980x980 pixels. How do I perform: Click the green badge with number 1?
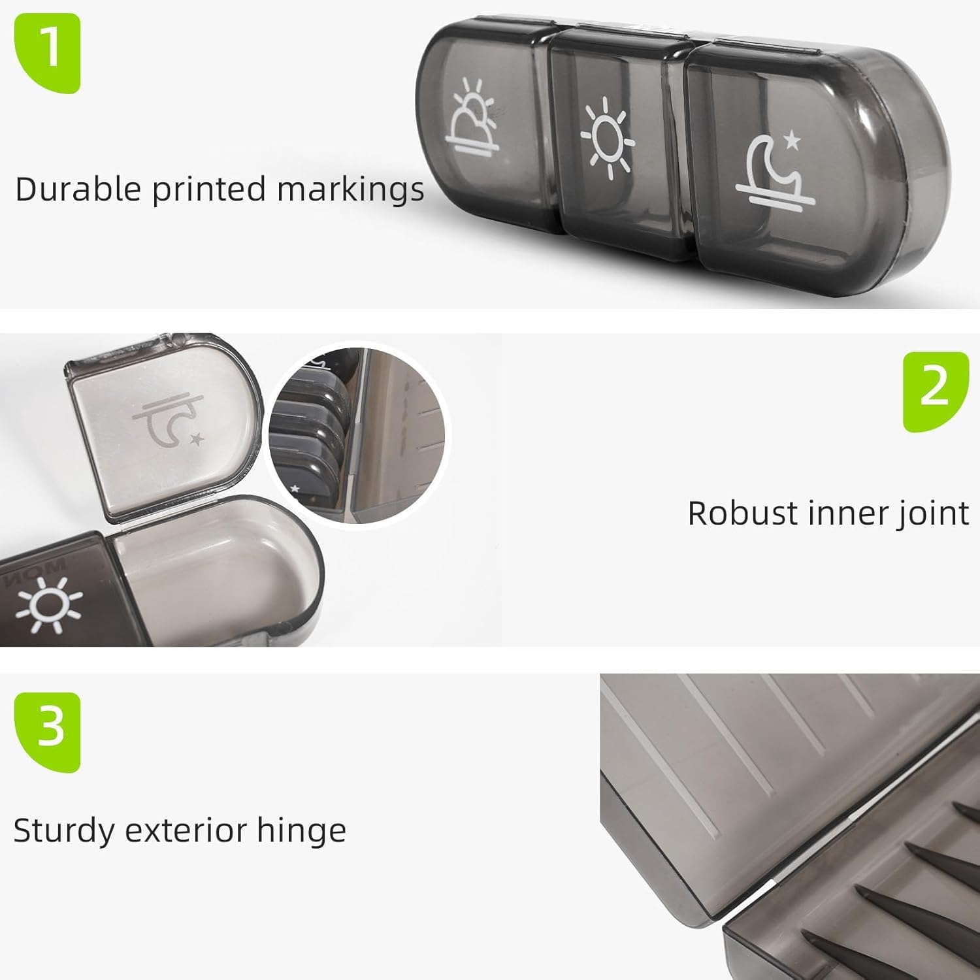[x=47, y=53]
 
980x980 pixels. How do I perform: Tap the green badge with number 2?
[x=936, y=391]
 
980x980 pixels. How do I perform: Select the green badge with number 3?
[x=47, y=732]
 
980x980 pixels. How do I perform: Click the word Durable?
[x=78, y=189]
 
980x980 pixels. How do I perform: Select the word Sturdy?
[x=63, y=832]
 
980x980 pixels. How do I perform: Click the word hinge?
[x=301, y=832]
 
